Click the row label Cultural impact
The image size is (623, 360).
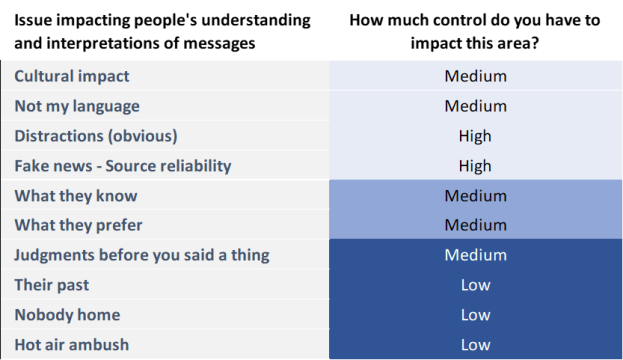click(x=71, y=76)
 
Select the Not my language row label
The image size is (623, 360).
click(x=77, y=106)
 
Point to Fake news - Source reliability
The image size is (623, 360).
click(x=122, y=166)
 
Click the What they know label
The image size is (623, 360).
click(x=76, y=196)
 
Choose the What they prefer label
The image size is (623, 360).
click(x=78, y=226)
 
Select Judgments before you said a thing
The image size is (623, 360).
click(x=141, y=255)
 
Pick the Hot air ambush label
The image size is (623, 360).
click(x=71, y=345)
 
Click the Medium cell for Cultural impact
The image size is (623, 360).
click(x=475, y=76)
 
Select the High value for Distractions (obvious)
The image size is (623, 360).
click(x=475, y=136)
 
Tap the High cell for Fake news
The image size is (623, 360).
click(x=475, y=166)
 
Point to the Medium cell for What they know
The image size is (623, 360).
click(x=475, y=196)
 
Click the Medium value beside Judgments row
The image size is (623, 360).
click(x=475, y=255)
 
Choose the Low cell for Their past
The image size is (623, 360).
click(x=475, y=285)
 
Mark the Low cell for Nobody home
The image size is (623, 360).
click(x=475, y=315)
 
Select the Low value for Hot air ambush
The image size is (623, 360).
click(x=475, y=345)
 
